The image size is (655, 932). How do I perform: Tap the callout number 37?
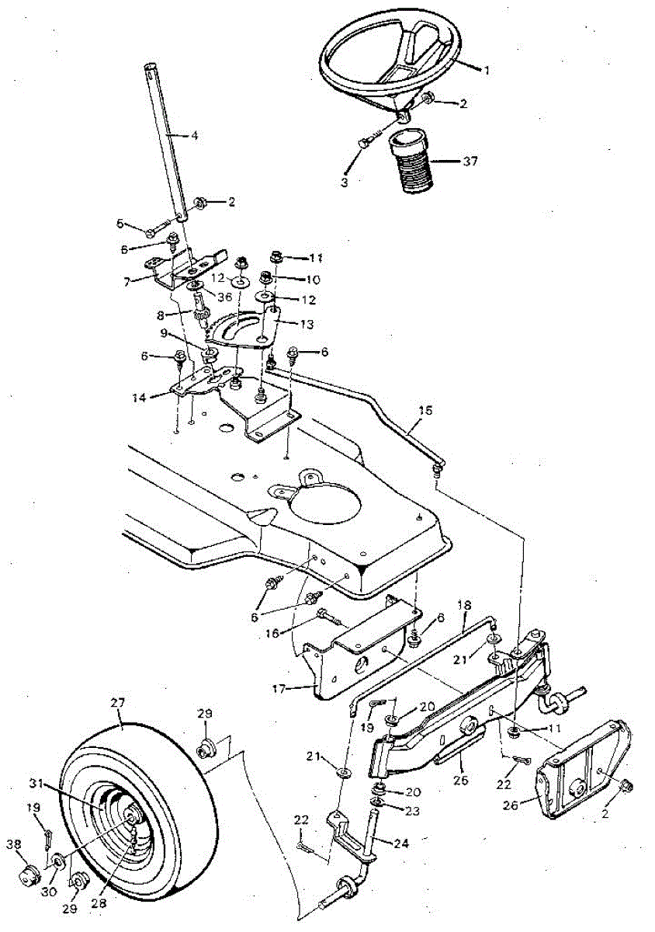click(470, 162)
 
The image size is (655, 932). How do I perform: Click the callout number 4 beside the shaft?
click(194, 135)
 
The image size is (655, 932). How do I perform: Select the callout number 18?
click(465, 603)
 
